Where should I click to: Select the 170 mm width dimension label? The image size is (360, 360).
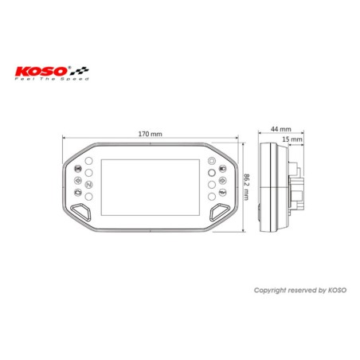point(150,135)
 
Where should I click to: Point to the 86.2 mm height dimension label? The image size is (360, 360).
point(246,188)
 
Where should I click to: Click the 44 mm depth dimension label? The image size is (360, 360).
point(280,128)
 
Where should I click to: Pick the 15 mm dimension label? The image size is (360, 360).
point(293,139)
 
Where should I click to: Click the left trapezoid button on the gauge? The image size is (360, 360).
point(81,211)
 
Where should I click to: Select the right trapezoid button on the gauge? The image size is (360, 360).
point(219,211)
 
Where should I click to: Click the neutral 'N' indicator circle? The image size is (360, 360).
point(89,186)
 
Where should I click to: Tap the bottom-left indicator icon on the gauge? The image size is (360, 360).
point(76,193)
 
